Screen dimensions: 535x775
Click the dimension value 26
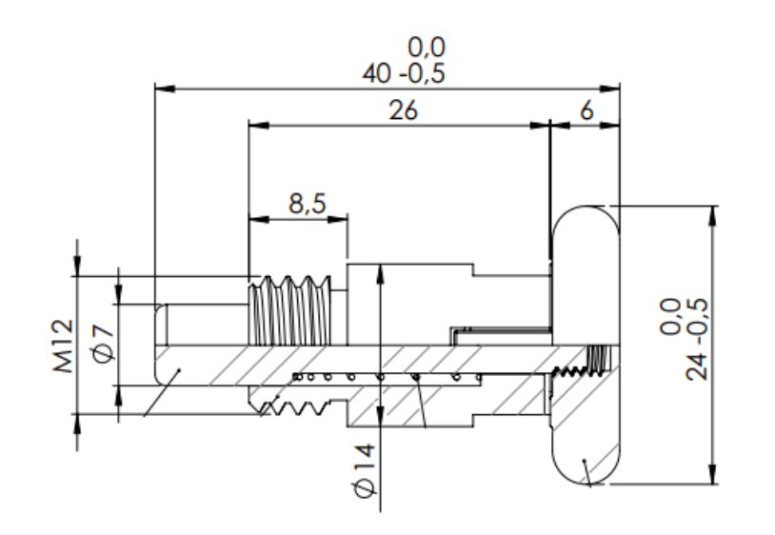(x=404, y=110)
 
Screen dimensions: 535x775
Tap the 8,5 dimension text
(x=305, y=204)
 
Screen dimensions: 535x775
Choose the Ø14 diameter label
(x=362, y=468)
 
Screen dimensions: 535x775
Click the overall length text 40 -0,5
(x=404, y=73)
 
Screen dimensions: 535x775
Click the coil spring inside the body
(x=381, y=378)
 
